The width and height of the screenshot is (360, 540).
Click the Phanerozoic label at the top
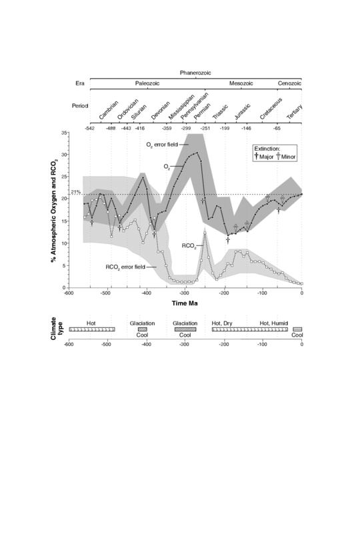195,73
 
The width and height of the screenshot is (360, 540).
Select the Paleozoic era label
147,83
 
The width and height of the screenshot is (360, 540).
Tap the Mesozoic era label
241,83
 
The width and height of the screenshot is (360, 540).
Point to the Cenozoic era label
289,83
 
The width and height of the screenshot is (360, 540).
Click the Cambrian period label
109,110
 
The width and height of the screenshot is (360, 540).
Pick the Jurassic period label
242,111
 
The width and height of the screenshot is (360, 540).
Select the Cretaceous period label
271,109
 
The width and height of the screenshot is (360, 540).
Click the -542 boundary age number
89,129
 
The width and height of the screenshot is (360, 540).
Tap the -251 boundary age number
205,129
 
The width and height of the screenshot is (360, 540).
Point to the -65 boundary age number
277,129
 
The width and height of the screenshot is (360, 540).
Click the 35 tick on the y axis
64,133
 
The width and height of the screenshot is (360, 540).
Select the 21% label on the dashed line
76,192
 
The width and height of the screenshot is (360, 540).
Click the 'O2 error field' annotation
162,145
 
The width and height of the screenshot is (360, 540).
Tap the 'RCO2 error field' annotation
125,267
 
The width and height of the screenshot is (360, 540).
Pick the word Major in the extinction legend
266,157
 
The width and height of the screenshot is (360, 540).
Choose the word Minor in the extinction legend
289,157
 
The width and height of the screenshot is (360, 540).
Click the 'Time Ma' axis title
185,303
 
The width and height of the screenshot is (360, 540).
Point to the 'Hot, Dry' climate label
222,323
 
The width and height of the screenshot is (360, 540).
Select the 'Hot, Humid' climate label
273,323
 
